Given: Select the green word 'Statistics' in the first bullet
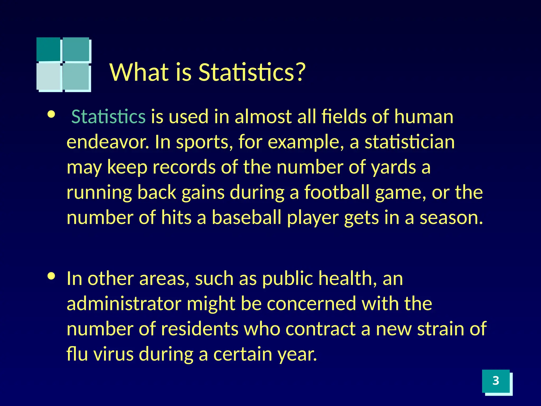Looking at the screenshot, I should coord(108,117).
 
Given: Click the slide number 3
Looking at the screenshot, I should coord(496,381).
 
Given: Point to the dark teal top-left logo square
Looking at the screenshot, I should coord(48,49).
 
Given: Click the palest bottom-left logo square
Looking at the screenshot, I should coord(48,76).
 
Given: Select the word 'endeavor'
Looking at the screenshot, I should coord(107,142).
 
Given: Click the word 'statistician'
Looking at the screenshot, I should coord(409,142).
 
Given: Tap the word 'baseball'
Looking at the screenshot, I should coord(246,218).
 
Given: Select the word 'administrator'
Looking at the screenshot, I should coord(124,303).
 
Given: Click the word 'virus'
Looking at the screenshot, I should coord(114,354).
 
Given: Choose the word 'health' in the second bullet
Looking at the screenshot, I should coord(345,278).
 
